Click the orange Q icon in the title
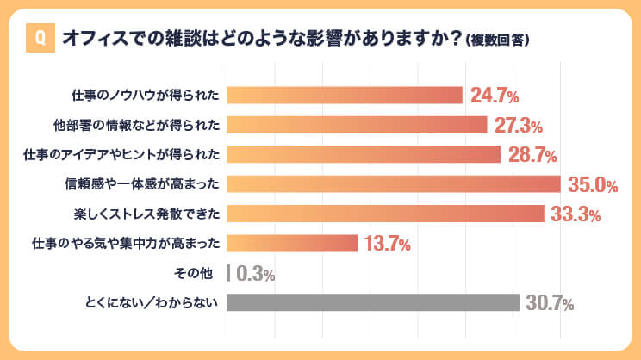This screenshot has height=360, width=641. (39, 40)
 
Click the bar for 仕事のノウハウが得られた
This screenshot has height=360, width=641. (345, 95)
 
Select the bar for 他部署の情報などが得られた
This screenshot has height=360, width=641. (357, 125)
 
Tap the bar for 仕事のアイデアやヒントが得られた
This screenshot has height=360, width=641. (364, 154)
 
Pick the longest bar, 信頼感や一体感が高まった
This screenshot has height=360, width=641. (394, 184)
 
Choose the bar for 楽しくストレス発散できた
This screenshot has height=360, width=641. (385, 214)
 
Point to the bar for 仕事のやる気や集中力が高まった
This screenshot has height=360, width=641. (292, 244)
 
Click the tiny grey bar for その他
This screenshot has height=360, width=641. (228, 273)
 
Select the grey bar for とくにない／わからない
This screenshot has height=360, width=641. (373, 302)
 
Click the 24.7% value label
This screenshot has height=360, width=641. (493, 95)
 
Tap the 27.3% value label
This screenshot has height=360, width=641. (517, 126)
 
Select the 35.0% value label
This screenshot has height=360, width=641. (594, 184)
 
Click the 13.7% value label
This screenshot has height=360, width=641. (387, 244)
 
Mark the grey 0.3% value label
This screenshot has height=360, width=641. (255, 274)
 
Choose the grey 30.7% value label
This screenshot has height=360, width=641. (549, 303)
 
